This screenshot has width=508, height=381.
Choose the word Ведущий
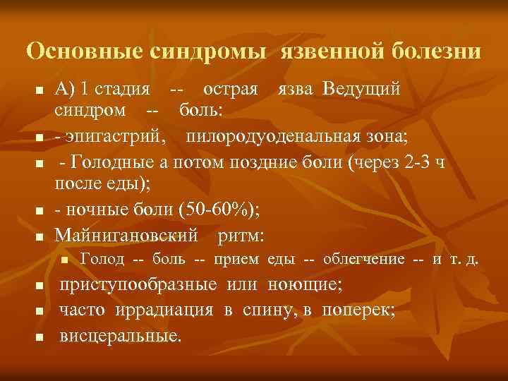[x=363, y=91]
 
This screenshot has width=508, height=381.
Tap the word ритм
[x=241, y=234]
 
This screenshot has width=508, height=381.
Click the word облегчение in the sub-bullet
[x=363, y=260]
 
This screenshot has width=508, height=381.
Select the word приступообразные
[x=139, y=286]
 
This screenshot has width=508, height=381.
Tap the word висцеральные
[x=120, y=334]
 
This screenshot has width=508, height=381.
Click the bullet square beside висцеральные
[x=40, y=336]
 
